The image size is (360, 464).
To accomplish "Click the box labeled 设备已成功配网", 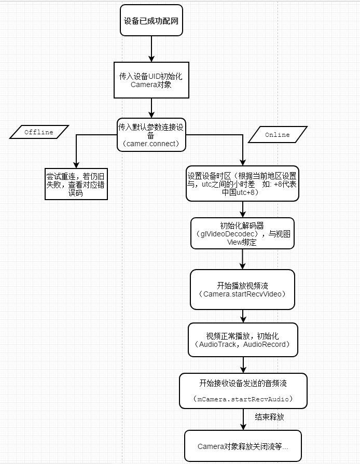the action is tap(151, 20).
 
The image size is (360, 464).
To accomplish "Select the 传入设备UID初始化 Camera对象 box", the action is tap(151, 80).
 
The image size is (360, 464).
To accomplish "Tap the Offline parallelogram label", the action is tap(39, 132).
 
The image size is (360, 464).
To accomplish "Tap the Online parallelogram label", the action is tap(278, 135).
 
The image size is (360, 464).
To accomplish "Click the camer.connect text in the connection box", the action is tap(151, 144).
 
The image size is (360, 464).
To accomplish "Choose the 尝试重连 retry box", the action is tap(76, 184).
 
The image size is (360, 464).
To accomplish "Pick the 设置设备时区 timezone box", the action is tap(242, 184).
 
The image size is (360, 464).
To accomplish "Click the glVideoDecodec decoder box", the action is tap(242, 233).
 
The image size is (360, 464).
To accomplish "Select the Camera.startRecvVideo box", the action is tap(242, 289).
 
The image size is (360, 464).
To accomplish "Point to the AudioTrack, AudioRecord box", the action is tap(243, 340).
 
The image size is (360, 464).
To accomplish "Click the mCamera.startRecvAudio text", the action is tap(243, 399).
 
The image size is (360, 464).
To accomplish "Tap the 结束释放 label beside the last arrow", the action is tap(269, 417).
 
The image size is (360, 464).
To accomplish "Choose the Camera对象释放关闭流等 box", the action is tap(243, 446).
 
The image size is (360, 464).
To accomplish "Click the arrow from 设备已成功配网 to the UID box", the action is tap(151, 49).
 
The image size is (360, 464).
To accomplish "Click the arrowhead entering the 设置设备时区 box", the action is tap(243, 162).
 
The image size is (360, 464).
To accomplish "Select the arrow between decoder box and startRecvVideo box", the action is tap(242, 259).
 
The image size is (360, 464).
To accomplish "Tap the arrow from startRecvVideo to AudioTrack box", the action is tap(243, 316).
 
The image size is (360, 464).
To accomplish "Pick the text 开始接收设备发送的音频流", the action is tap(243, 384).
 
